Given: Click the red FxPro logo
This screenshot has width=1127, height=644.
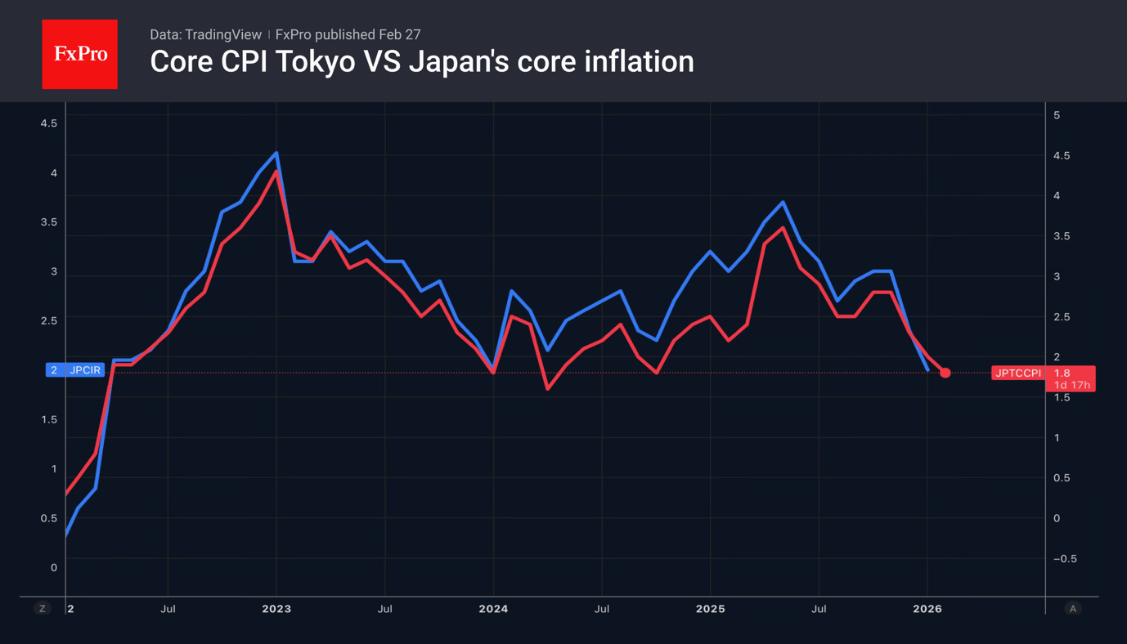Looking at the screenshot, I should pyautogui.click(x=79, y=54).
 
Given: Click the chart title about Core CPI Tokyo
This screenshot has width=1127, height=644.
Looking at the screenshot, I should pyautogui.click(x=421, y=61).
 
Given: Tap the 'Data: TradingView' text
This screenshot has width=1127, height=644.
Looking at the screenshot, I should pyautogui.click(x=205, y=34).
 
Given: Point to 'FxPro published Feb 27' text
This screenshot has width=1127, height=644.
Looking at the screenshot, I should pyautogui.click(x=348, y=34).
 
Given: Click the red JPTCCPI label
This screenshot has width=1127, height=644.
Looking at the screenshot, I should pyautogui.click(x=1017, y=373).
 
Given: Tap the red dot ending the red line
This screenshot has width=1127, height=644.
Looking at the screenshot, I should pyautogui.click(x=945, y=373).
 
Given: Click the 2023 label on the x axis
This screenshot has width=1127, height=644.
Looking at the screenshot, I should pyautogui.click(x=276, y=609).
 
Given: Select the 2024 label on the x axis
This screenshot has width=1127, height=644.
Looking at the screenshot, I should pyautogui.click(x=493, y=609).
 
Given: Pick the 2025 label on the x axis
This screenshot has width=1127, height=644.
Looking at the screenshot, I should pyautogui.click(x=710, y=609).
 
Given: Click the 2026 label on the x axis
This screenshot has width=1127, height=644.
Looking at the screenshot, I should pyautogui.click(x=927, y=609).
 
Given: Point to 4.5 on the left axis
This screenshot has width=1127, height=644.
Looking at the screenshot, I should pyautogui.click(x=49, y=123).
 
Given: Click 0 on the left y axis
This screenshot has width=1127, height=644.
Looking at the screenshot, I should pyautogui.click(x=54, y=567).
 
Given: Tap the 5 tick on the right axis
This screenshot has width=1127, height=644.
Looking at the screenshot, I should pyautogui.click(x=1057, y=115).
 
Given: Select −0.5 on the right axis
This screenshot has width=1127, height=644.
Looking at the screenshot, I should pyautogui.click(x=1065, y=559).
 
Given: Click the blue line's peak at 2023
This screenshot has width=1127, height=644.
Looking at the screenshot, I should pyautogui.click(x=277, y=153).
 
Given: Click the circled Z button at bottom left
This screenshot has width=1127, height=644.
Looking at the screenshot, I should pyautogui.click(x=43, y=608).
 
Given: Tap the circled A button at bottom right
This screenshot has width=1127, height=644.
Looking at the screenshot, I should pyautogui.click(x=1072, y=608).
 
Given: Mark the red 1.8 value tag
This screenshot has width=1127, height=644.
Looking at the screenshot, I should pyautogui.click(x=1062, y=373).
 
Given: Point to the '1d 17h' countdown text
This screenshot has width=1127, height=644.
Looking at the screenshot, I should pyautogui.click(x=1071, y=385).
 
